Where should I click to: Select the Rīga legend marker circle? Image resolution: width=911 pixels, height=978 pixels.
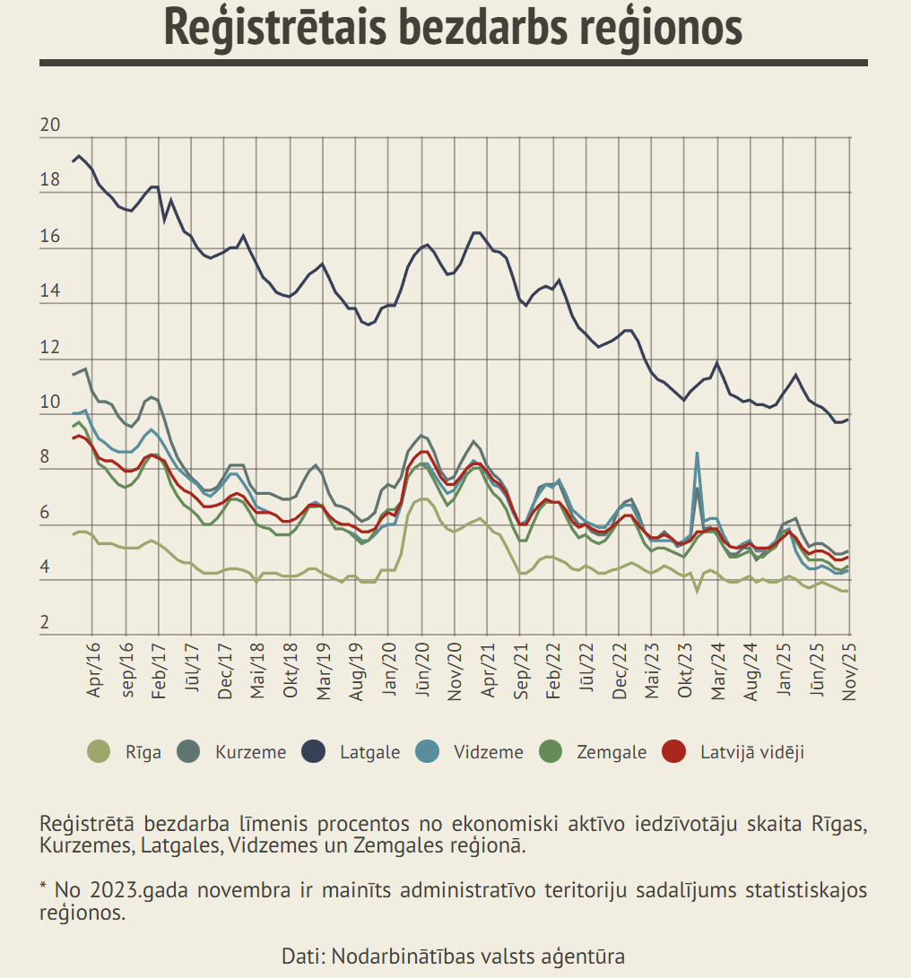[x=99, y=751]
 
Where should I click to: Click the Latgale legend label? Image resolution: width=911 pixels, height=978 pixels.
[x=369, y=752]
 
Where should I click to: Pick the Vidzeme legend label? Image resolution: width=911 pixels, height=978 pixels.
[x=488, y=752]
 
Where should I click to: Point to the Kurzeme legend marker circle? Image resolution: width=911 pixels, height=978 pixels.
[x=189, y=751]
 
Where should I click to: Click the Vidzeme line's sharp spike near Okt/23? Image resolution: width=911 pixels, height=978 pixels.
[x=697, y=454]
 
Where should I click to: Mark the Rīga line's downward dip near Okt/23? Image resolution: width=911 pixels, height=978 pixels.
[x=697, y=591]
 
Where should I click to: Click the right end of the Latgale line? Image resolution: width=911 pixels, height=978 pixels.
[x=848, y=420]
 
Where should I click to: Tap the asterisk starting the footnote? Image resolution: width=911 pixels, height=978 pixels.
[x=43, y=888]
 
